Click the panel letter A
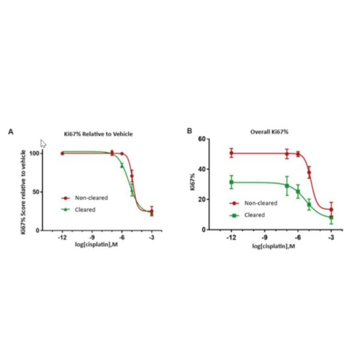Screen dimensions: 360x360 pyautogui.click(x=10, y=131)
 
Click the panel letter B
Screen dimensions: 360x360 pyautogui.click(x=190, y=130)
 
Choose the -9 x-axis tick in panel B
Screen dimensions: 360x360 pyautogui.click(x=264, y=238)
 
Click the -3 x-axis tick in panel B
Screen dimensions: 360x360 pyautogui.click(x=331, y=238)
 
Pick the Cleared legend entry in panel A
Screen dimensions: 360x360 pyautogui.click(x=85, y=209)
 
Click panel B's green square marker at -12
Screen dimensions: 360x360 pyautogui.click(x=231, y=182)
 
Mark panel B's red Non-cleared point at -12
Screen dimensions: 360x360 pyautogui.click(x=231, y=153)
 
